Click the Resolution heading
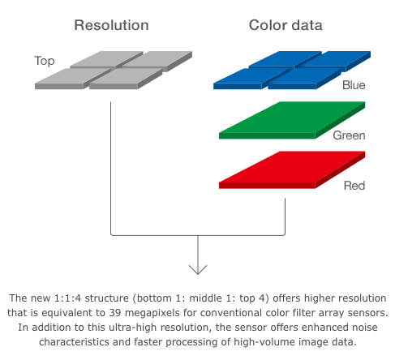click(x=111, y=25)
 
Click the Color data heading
click(x=286, y=25)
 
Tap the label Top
click(x=45, y=61)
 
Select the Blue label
click(x=354, y=85)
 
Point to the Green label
click(x=349, y=135)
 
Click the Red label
click(x=354, y=186)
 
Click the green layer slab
click(x=292, y=120)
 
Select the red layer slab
click(x=292, y=170)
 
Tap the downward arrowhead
click(x=198, y=270)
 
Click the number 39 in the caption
click(x=115, y=313)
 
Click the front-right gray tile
click(x=126, y=79)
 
